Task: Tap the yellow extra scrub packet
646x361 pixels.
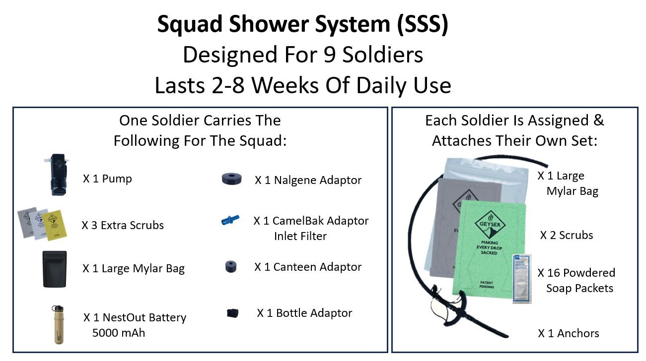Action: (56, 226)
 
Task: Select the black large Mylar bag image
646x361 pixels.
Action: (54, 268)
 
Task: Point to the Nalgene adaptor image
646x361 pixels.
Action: (232, 180)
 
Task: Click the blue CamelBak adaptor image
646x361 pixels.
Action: (230, 220)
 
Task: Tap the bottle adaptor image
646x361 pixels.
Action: (232, 313)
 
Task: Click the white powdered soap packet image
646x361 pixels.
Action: (521, 278)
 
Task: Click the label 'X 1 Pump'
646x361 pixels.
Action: (107, 179)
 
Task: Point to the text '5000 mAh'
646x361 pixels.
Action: (119, 333)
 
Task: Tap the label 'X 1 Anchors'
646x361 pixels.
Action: (568, 333)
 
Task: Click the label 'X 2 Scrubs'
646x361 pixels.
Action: (567, 235)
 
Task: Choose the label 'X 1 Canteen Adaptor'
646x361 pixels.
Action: (308, 267)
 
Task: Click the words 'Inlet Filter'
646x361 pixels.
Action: (300, 236)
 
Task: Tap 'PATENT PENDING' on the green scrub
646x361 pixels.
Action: (486, 285)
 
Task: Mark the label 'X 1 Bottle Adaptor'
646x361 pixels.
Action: (304, 313)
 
